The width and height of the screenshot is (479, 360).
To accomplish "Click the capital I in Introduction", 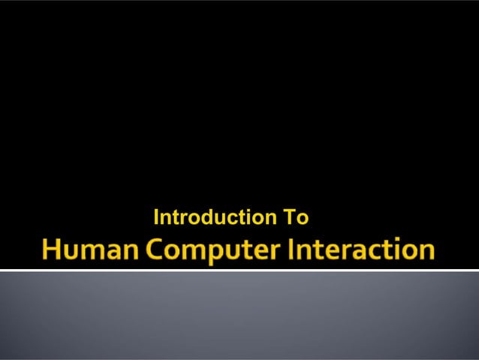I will click(x=156, y=218).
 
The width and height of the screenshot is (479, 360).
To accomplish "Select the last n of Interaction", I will click(x=426, y=252).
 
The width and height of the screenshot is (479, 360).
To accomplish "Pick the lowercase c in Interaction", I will click(x=378, y=252).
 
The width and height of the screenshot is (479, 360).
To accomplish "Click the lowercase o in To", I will click(x=300, y=219).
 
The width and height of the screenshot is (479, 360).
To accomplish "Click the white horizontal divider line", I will click(x=239, y=269).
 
